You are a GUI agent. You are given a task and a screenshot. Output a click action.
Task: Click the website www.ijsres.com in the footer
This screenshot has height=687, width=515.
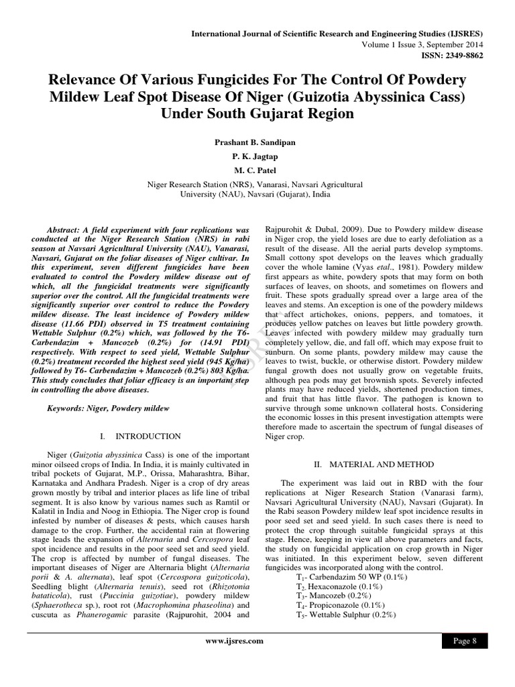pyautogui.click(x=233, y=641)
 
